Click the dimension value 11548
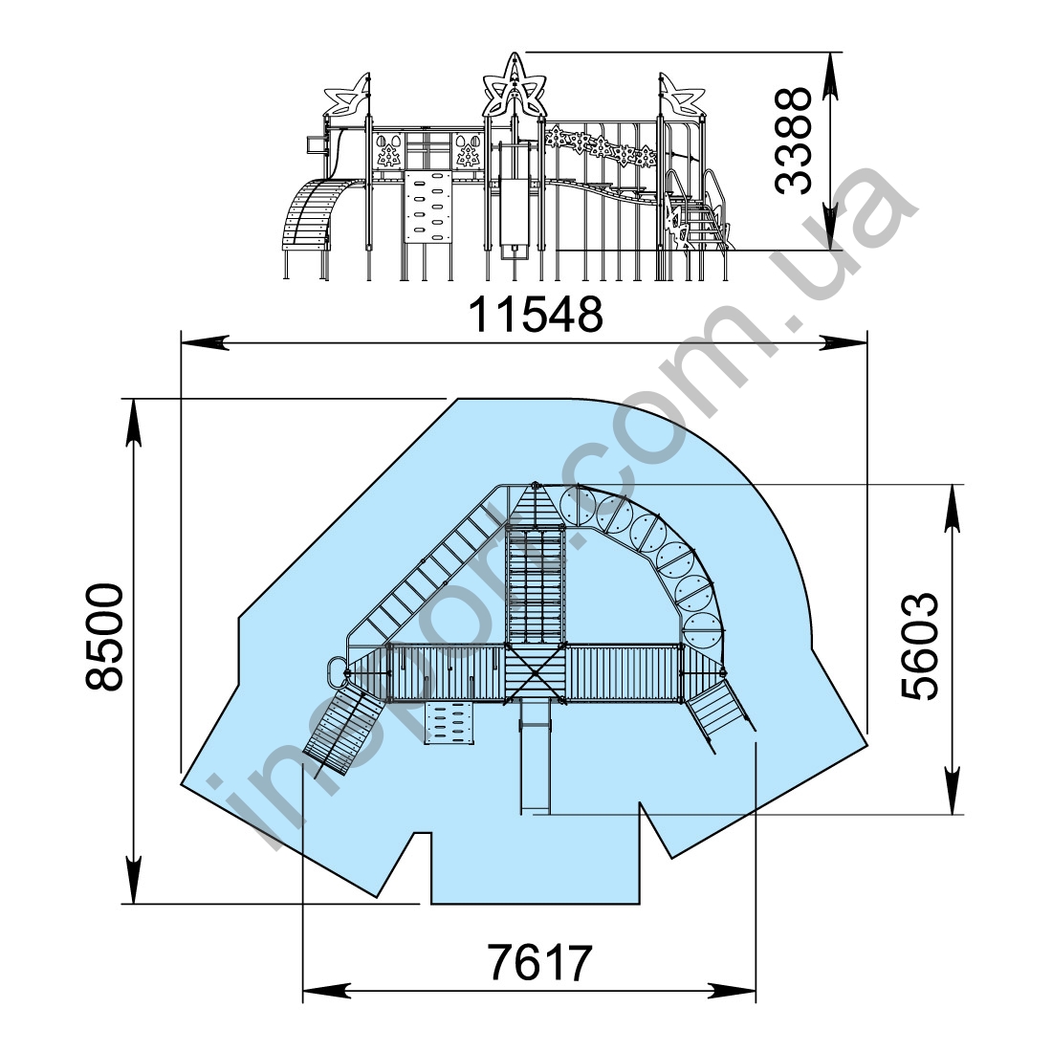536,314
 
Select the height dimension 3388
793,141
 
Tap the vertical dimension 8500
104,637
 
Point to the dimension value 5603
919,647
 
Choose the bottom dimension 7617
539,963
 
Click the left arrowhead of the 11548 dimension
206,342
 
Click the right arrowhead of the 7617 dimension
732,990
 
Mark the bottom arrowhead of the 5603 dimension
952,791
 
